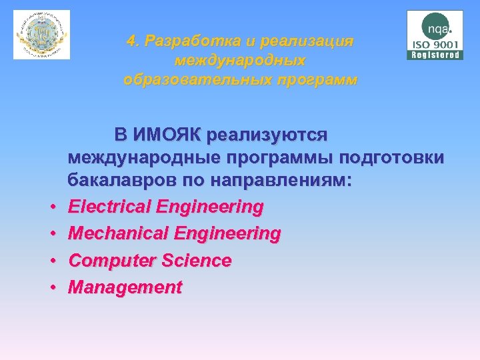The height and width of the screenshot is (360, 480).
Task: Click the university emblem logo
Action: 41,35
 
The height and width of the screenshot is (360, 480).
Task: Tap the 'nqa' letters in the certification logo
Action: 436,29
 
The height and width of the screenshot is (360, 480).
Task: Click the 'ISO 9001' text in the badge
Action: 435,45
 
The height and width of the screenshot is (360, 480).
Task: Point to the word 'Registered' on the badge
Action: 435,55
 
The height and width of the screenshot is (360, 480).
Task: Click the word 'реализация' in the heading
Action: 308,41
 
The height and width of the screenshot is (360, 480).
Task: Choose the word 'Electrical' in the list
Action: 110,207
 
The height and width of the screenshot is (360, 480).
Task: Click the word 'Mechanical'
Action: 111,234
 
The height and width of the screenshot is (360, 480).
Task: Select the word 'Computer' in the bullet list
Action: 107,261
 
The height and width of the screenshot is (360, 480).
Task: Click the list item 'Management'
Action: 125,287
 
